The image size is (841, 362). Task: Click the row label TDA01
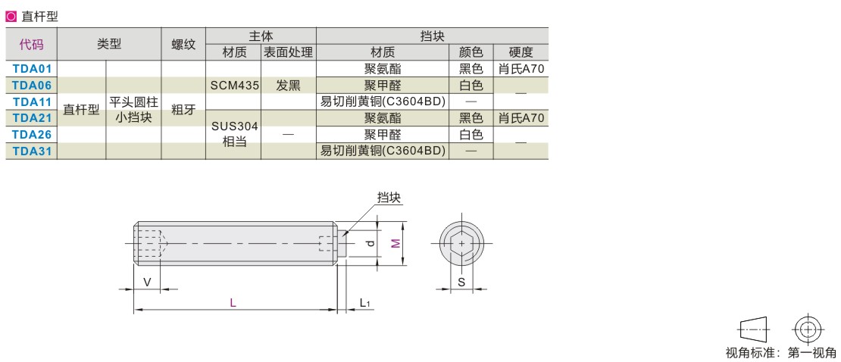tap(32, 69)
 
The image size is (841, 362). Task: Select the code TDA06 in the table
tap(32, 86)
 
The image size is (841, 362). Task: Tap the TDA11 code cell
tap(32, 101)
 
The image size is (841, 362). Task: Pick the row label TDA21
tap(32, 118)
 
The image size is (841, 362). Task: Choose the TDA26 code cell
tap(32, 135)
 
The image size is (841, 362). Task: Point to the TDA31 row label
tap(32, 151)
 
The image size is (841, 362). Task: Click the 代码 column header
tap(32, 45)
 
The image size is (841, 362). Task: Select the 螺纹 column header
tap(183, 45)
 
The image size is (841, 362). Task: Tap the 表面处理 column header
tap(288, 53)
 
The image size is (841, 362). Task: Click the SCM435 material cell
tap(233, 86)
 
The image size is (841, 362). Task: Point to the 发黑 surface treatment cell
tap(288, 86)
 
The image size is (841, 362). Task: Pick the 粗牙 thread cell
tap(183, 110)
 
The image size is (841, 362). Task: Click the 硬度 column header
tap(521, 53)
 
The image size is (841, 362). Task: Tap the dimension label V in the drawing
tap(147, 282)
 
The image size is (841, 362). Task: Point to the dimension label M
tap(395, 243)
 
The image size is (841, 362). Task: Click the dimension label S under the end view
tap(461, 282)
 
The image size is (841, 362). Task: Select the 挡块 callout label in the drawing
tap(389, 198)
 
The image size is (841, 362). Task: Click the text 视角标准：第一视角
tap(780, 352)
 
